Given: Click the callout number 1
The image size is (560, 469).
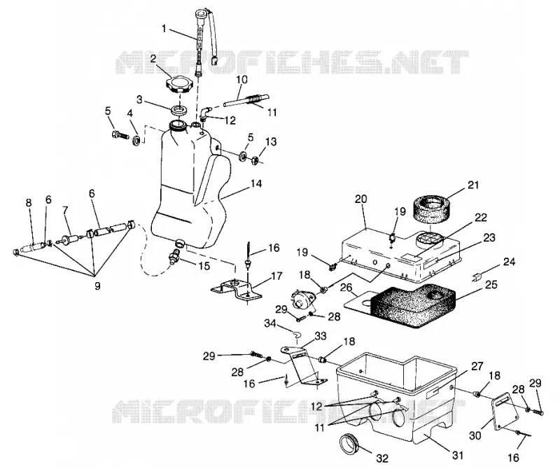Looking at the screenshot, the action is pos(164,28).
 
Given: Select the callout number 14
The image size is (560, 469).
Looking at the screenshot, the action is pos(256,184).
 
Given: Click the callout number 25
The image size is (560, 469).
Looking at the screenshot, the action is pos(491,285).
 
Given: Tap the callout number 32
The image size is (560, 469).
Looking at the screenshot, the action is pos(382,458).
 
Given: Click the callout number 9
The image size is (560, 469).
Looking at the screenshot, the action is pos(97,286).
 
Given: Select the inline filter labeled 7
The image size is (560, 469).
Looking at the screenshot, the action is pos(71,239).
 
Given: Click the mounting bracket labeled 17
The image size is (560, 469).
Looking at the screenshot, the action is pos(236,288).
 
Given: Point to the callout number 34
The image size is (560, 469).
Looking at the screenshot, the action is pos(270,323).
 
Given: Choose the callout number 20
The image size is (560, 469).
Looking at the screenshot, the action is pos(360,199).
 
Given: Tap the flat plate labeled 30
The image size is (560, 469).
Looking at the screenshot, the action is pos(505,411).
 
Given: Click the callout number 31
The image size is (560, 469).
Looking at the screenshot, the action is pos(458,456).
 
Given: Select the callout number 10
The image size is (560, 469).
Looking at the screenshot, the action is pos(241,79).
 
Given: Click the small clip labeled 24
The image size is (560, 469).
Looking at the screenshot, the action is pos(478,277).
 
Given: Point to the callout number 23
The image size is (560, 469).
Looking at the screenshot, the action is pos(489,237).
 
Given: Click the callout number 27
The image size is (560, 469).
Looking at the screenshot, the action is pos(477,367).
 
